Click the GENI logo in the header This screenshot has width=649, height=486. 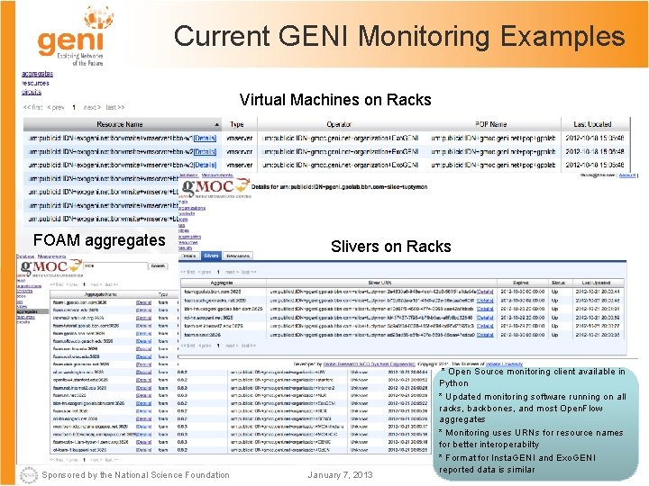point(67,40)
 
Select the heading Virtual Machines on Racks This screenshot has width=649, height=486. point(335,99)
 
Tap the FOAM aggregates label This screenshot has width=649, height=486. point(99,240)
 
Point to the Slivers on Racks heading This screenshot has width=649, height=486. point(390,247)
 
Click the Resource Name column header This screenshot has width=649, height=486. point(120,124)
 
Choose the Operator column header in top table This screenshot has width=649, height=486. point(339,124)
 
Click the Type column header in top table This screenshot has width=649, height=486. point(237,124)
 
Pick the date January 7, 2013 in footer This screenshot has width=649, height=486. point(339,474)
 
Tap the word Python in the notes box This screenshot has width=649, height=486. point(453,383)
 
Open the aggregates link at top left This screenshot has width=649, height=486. point(37,73)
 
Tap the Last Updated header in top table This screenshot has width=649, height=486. point(592,124)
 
